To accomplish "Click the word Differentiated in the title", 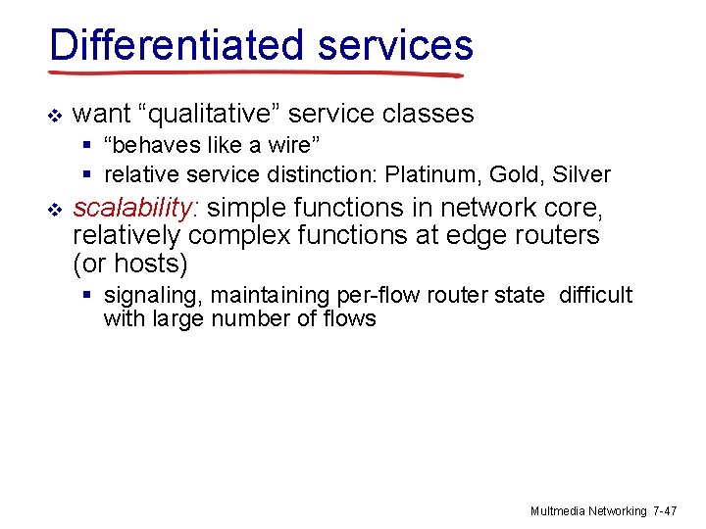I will (x=177, y=45).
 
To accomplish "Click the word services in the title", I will (x=395, y=45).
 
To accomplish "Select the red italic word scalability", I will (x=136, y=209).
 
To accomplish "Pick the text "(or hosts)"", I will (x=129, y=264).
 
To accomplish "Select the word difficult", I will (x=595, y=296).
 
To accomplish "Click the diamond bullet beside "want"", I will (x=55, y=116).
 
